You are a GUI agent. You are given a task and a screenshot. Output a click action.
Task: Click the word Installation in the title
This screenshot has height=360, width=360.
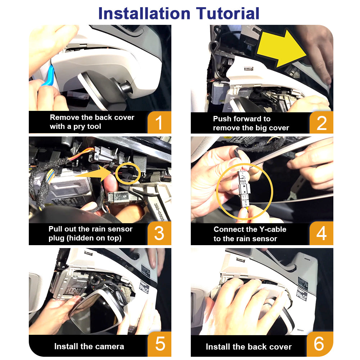click(144, 13)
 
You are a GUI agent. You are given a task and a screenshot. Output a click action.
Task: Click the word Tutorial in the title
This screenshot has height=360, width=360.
click(228, 13)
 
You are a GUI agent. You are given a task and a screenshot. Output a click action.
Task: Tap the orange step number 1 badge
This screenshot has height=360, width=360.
click(159, 122)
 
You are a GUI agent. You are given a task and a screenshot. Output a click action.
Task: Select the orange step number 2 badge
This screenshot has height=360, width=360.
click(321, 122)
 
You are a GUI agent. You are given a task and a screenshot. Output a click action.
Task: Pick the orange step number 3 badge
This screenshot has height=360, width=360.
click(159, 233)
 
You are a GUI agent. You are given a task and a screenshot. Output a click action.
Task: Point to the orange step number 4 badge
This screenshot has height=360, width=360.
click(321, 233)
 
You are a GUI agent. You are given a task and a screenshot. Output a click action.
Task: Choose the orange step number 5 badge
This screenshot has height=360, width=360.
click(159, 344)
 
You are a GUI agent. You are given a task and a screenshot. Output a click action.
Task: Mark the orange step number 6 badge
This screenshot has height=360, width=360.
click(320, 344)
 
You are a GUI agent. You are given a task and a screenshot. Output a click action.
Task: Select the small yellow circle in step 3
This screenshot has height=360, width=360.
click(128, 173)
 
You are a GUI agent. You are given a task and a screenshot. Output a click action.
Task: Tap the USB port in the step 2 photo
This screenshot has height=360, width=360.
click(248, 69)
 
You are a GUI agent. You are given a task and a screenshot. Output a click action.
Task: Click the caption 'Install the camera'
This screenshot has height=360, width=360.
click(89, 346)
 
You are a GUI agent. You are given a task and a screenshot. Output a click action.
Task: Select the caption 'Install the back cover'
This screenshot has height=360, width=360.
click(249, 346)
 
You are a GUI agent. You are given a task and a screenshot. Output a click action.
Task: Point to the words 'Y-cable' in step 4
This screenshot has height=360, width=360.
click(273, 229)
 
